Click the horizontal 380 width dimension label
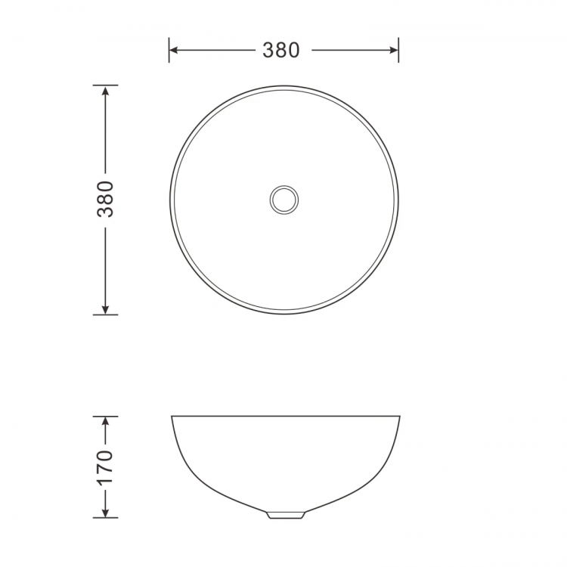281,50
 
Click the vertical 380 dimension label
105,199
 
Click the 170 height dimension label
105,467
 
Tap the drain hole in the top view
283,200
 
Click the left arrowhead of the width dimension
174,50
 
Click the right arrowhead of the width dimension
394,50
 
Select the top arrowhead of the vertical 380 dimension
105,91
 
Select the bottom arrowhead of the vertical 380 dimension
105,309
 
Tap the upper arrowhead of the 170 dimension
105,421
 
